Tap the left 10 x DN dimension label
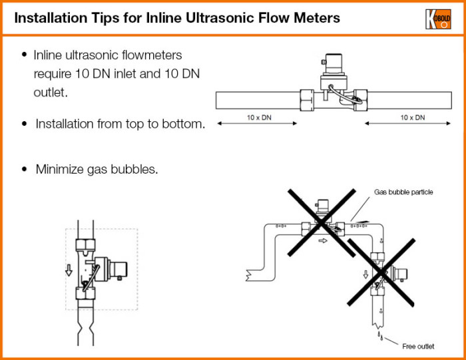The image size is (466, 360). [x=259, y=118]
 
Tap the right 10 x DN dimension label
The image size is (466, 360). [x=413, y=118]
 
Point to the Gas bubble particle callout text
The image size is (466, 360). [x=403, y=192]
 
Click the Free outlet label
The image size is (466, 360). [x=418, y=346]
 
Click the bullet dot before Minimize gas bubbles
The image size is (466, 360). [x=25, y=169]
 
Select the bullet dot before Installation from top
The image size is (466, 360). [x=25, y=124]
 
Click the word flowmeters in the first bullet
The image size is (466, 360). [x=147, y=55]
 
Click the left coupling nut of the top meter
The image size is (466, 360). [x=308, y=100]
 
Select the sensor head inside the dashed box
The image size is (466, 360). [x=118, y=269]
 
